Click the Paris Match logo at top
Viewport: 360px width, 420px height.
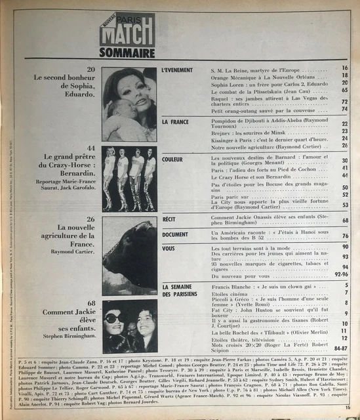127,29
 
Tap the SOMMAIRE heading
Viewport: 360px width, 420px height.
127,52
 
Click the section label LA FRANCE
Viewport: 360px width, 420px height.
175,122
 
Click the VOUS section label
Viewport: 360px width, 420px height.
169,248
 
